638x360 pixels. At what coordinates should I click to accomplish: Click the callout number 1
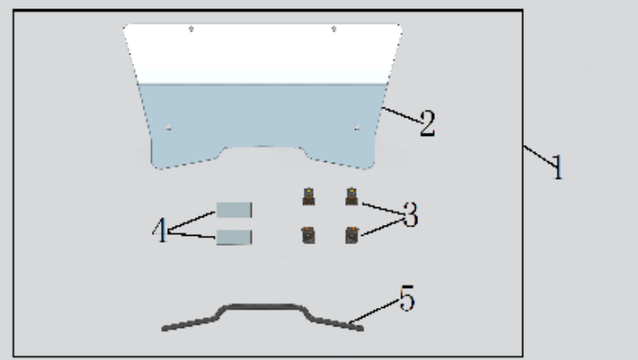pyautogui.click(x=558, y=167)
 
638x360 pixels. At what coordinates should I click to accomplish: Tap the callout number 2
pyautogui.click(x=427, y=123)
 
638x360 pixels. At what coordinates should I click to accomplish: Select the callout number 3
pyautogui.click(x=411, y=215)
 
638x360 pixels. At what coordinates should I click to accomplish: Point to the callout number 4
pyautogui.click(x=160, y=229)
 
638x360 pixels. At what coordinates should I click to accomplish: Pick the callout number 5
pyautogui.click(x=407, y=298)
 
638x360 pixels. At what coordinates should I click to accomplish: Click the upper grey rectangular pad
pyautogui.click(x=234, y=210)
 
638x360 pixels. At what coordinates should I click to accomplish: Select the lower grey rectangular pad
pyautogui.click(x=234, y=237)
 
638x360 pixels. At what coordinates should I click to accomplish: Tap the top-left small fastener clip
pyautogui.click(x=309, y=196)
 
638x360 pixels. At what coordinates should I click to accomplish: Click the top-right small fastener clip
pyautogui.click(x=352, y=196)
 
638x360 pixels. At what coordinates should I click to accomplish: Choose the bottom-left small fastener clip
pyautogui.click(x=308, y=235)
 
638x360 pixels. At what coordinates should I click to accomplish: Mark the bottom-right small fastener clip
pyautogui.click(x=352, y=235)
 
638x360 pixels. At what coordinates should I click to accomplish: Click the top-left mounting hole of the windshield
pyautogui.click(x=191, y=29)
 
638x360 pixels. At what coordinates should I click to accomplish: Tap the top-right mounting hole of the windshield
pyautogui.click(x=333, y=29)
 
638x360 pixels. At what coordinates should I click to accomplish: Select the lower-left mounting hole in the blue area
pyautogui.click(x=169, y=128)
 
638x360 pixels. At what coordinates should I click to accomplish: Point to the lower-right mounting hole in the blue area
pyautogui.click(x=357, y=128)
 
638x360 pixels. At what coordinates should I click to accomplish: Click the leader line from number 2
pyautogui.click(x=401, y=115)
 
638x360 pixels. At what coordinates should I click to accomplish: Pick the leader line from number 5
pyautogui.click(x=374, y=312)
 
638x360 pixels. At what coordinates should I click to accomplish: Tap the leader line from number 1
pyautogui.click(x=540, y=156)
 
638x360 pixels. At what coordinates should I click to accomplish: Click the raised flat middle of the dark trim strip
pyautogui.click(x=263, y=306)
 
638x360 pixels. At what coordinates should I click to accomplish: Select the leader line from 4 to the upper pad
pyautogui.click(x=191, y=222)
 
